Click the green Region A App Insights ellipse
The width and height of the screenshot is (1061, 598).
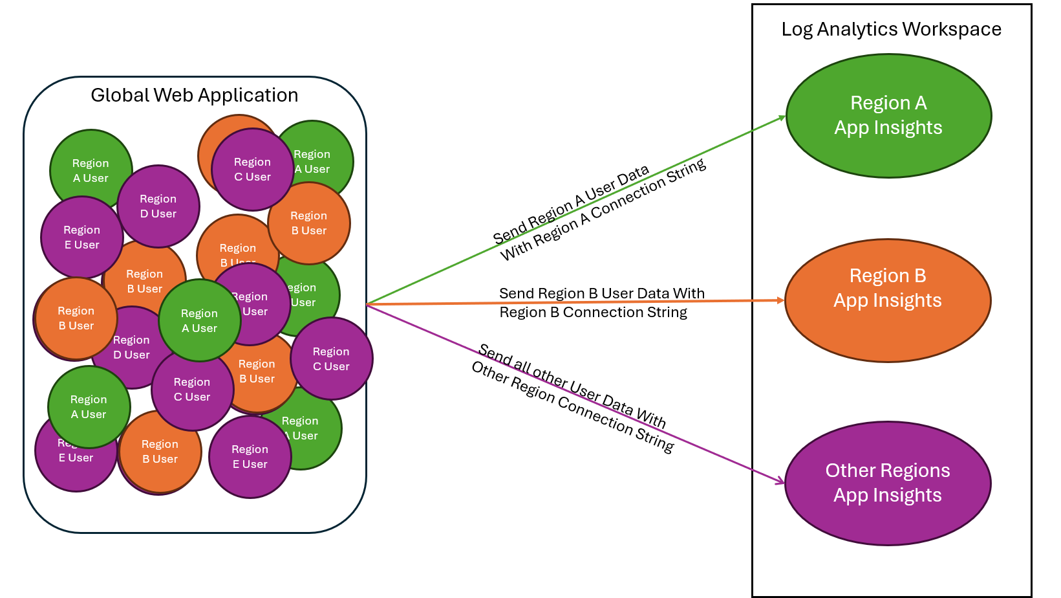(888, 115)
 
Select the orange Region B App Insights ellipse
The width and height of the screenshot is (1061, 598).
(887, 300)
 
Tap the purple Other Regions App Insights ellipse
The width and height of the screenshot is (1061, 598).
(887, 483)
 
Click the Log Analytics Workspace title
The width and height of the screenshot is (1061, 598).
(891, 29)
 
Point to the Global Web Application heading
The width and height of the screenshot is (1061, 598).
(194, 95)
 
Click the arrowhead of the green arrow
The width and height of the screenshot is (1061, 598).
(782, 117)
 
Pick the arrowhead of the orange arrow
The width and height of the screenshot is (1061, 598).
(780, 300)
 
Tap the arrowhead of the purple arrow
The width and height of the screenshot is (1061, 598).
(781, 482)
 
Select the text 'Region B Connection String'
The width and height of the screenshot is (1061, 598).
(593, 313)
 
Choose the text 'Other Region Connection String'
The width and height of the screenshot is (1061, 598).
(572, 406)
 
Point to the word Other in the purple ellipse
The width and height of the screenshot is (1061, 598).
(849, 471)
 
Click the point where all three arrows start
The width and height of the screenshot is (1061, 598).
(367, 304)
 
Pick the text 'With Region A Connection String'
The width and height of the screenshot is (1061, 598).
(603, 210)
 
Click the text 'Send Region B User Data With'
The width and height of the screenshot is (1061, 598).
(601, 293)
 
